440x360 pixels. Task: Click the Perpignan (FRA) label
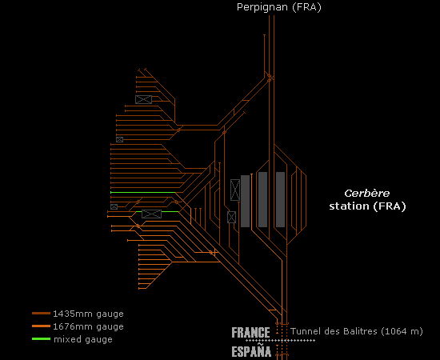pyautogui.click(x=278, y=7)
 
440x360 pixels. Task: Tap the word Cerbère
pyautogui.click(x=366, y=193)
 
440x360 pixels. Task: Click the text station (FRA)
pyautogui.click(x=367, y=206)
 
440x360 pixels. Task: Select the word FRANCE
pyautogui.click(x=250, y=333)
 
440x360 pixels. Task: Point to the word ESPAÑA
pyautogui.click(x=251, y=350)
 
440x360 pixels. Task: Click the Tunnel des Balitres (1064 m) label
pyautogui.click(x=356, y=331)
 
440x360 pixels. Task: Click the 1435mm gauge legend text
pyautogui.click(x=88, y=314)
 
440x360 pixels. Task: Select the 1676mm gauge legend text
pyautogui.click(x=88, y=326)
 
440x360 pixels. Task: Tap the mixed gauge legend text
pyautogui.click(x=83, y=339)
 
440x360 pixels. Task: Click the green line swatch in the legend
pyautogui.click(x=42, y=339)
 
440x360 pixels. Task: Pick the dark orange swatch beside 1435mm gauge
pyautogui.click(x=42, y=313)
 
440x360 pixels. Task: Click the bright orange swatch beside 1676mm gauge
pyautogui.click(x=42, y=326)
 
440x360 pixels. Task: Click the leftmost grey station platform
pyautogui.click(x=246, y=201)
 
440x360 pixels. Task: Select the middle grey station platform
pyautogui.click(x=262, y=199)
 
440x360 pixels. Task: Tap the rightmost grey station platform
pyautogui.click(x=280, y=199)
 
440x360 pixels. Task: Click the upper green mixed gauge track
pyautogui.click(x=143, y=193)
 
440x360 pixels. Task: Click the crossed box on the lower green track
pyautogui.click(x=151, y=214)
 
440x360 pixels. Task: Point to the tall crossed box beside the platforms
pyautogui.click(x=235, y=190)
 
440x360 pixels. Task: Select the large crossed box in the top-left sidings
pyautogui.click(x=143, y=99)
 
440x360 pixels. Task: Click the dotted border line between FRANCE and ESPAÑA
pyautogui.click(x=280, y=341)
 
